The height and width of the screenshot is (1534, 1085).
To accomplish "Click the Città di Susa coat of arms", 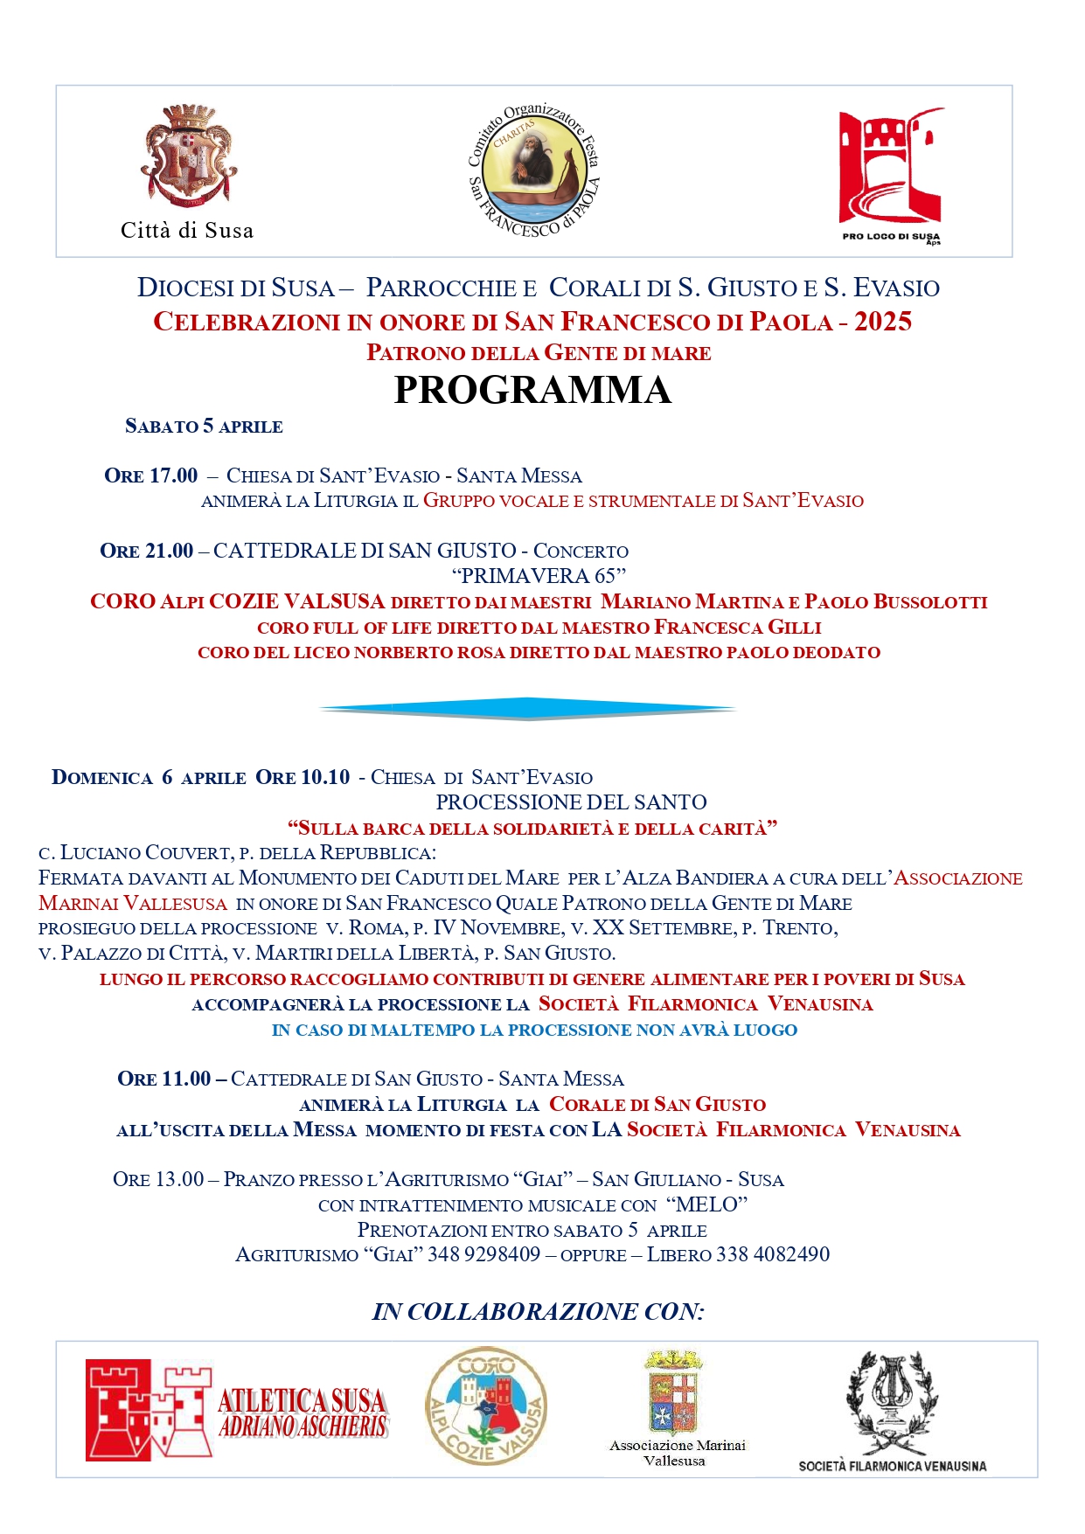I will point(188,156).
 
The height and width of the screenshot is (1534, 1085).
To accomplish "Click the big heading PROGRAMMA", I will point(532,391).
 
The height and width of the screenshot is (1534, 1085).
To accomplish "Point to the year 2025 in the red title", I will point(883,322).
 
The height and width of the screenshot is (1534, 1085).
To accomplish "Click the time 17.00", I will point(173,475).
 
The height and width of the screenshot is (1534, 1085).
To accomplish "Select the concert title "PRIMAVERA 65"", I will point(539,576).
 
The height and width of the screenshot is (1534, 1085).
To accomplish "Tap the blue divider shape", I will point(528,708).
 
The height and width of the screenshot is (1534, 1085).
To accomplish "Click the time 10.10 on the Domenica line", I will point(325,777).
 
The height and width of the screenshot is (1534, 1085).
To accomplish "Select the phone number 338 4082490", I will point(773,1254).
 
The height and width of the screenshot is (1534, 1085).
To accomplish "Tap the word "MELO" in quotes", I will point(706,1204).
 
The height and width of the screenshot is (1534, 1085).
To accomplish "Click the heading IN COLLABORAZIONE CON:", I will point(539,1311).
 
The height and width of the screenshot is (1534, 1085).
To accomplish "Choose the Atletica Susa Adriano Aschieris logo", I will point(236,1410).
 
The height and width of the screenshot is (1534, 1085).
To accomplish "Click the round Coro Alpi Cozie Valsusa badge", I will point(486,1405).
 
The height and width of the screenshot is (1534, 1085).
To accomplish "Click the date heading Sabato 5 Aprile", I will point(204,427).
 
